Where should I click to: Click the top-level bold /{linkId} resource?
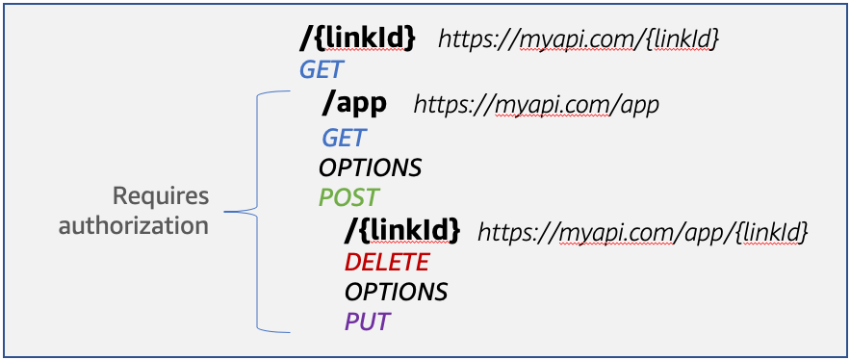[x=357, y=39]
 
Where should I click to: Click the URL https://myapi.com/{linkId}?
[x=579, y=39]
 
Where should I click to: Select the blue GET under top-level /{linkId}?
[x=322, y=69]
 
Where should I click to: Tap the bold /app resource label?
[x=354, y=103]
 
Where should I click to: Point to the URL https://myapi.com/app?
[x=536, y=104]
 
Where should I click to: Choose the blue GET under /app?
[x=344, y=136]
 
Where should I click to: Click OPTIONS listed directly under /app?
[x=371, y=167]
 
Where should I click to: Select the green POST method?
[x=348, y=198]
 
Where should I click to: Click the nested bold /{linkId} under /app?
[x=402, y=231]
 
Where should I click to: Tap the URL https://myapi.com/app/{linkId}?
[x=642, y=232]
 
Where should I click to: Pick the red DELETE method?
[x=387, y=262]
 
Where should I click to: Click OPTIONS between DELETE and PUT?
[x=396, y=292]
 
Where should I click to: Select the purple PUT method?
[x=368, y=321]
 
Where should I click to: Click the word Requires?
[x=161, y=196]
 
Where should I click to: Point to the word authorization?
[x=134, y=225]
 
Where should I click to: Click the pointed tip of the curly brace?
[x=228, y=210]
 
